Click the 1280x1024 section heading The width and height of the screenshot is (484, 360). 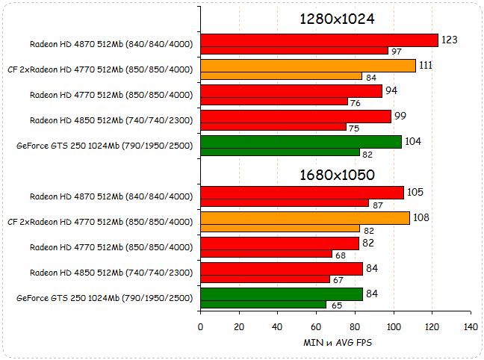[337, 19]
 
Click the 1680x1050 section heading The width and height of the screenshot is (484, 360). [337, 175]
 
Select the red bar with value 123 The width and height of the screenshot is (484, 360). [319, 40]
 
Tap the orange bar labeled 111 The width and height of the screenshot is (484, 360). [308, 66]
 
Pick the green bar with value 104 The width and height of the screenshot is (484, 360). [301, 142]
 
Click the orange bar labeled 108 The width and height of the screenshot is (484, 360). [305, 218]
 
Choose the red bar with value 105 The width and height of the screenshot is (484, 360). [302, 193]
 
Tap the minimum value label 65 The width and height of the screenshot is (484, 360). [338, 305]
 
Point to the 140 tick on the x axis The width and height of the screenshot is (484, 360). [471, 327]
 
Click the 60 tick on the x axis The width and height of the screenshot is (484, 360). [316, 327]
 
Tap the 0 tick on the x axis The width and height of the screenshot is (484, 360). [200, 327]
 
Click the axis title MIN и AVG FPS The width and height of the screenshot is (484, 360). [337, 343]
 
